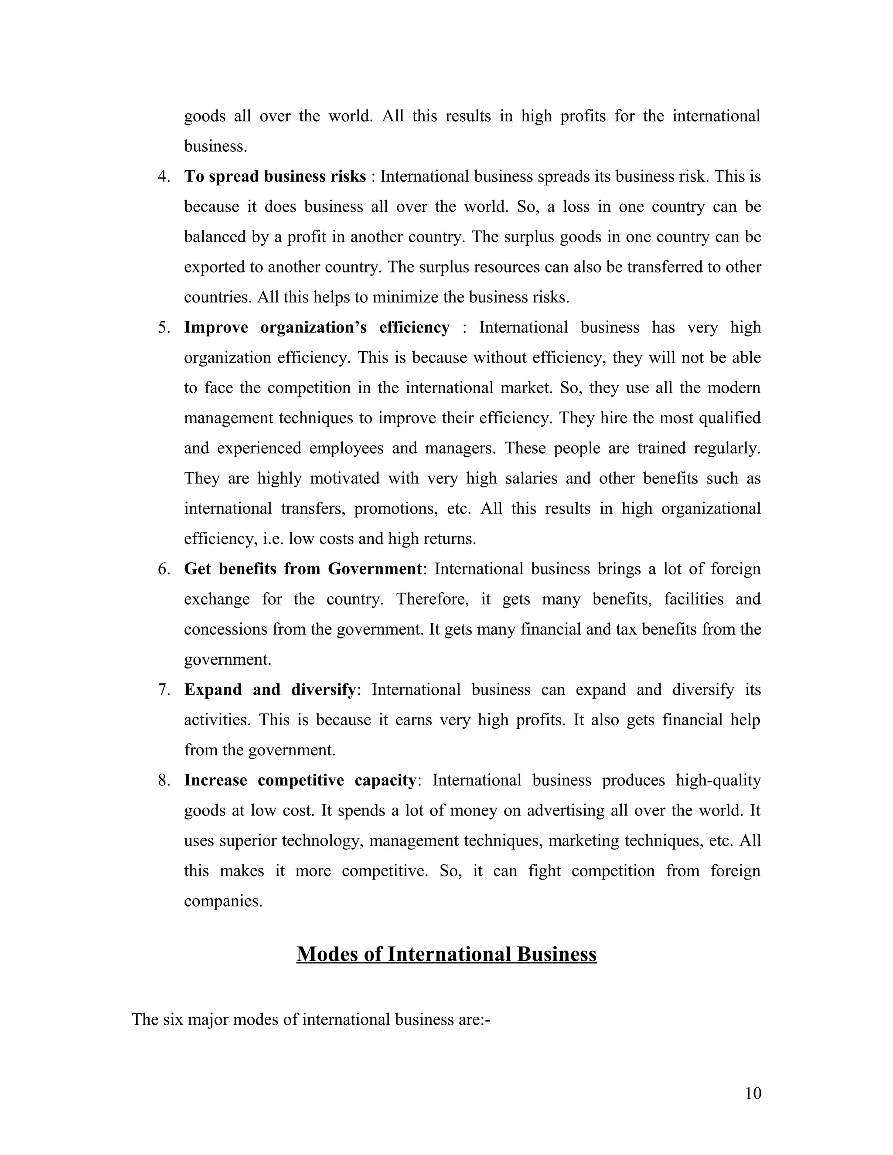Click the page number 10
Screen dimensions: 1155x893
tap(752, 1093)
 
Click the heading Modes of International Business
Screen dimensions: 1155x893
tap(446, 954)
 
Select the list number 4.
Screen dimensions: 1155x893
tap(164, 177)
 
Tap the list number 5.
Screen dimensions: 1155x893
tap(164, 327)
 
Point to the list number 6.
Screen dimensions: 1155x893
tap(164, 569)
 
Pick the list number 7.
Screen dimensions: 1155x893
tap(164, 690)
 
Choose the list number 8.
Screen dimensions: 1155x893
tap(164, 780)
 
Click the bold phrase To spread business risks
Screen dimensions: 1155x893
tap(275, 177)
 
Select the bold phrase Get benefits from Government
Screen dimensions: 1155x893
tap(303, 569)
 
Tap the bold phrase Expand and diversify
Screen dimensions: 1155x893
tap(270, 690)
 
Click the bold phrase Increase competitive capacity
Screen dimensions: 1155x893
tap(300, 780)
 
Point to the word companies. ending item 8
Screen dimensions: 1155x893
tap(223, 901)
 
